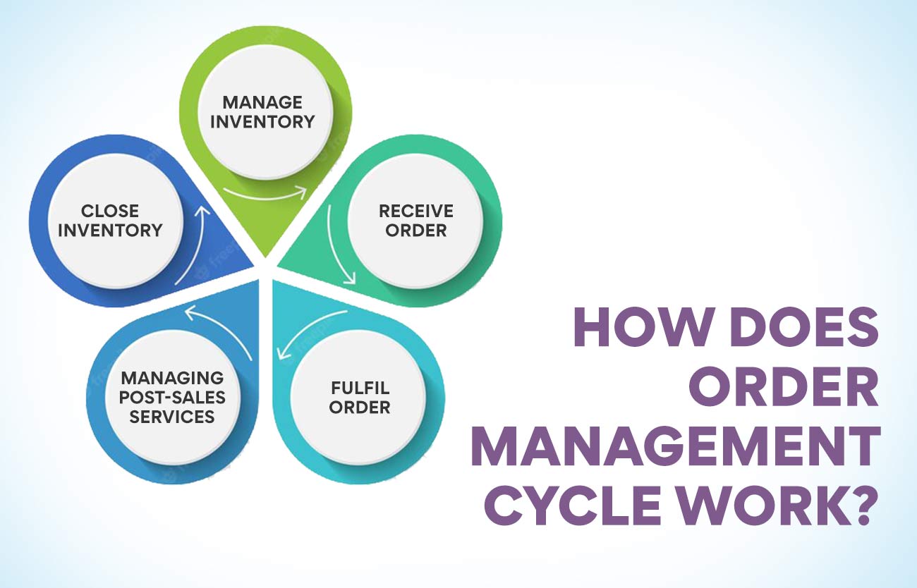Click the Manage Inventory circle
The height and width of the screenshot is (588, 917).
click(262, 112)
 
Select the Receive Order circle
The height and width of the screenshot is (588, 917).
click(415, 220)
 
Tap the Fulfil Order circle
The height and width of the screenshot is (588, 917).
click(359, 397)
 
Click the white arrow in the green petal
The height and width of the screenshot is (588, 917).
click(265, 193)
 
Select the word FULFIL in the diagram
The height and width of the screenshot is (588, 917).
click(360, 388)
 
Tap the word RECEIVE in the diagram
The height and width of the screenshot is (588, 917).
click(415, 211)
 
